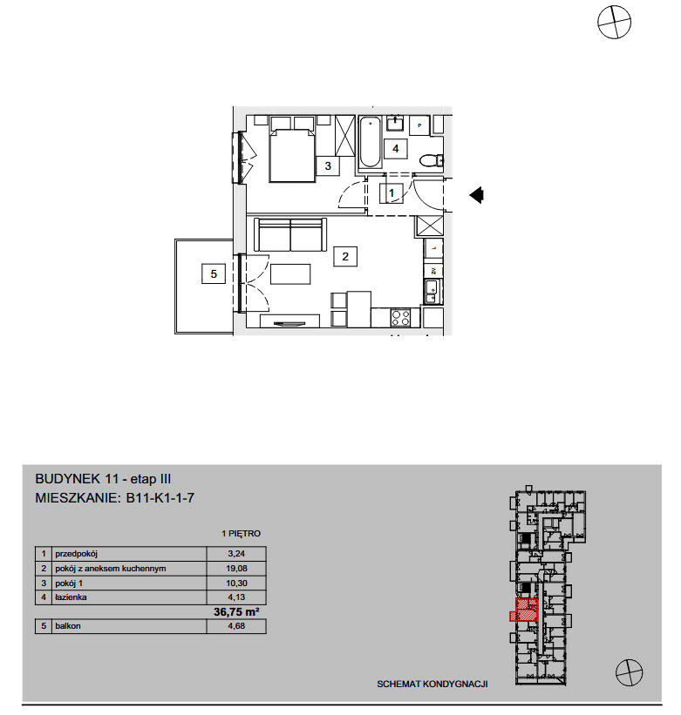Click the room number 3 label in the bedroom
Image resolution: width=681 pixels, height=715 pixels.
click(x=328, y=165)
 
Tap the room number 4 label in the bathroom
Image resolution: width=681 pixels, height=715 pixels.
click(x=395, y=148)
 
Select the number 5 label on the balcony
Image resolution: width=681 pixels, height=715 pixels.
click(x=214, y=273)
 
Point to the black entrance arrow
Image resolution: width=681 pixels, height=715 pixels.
click(x=476, y=195)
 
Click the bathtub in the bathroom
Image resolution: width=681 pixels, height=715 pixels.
click(x=370, y=142)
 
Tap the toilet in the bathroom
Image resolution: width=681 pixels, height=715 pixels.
click(x=431, y=160)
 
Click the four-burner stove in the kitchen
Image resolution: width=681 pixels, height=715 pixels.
click(x=400, y=317)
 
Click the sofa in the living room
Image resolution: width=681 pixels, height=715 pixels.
click(x=290, y=234)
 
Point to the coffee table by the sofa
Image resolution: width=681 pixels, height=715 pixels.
click(x=290, y=274)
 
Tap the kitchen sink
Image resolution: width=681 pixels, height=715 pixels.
click(x=432, y=292)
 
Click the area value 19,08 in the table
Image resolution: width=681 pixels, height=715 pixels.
click(x=236, y=568)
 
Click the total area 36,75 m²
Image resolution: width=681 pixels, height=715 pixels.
click(x=236, y=611)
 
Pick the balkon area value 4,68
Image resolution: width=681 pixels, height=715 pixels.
click(x=236, y=625)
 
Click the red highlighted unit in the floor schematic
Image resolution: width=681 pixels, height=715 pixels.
click(x=527, y=610)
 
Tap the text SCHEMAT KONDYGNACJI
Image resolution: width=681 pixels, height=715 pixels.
click(x=432, y=684)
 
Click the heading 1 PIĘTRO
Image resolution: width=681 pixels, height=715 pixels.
click(x=241, y=533)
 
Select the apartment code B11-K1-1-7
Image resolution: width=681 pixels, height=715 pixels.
click(x=160, y=497)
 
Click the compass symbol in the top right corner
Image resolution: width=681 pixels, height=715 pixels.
click(x=614, y=22)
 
